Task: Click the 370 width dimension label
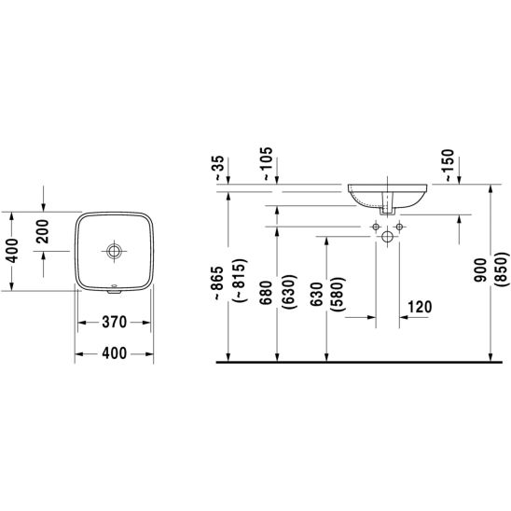pos(114,322)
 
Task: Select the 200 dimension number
pos(43,231)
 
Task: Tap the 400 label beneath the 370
pos(114,353)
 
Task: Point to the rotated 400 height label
pos(13,250)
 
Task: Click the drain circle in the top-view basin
pos(114,251)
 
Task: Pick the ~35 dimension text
pos(219,168)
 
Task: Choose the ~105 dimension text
pos(267,163)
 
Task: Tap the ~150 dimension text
pos(449,165)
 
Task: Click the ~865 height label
pos(217,283)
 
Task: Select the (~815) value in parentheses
pos(241,281)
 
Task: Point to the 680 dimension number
pos(266,293)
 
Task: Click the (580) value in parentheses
pos(338,295)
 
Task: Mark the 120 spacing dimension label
pos(420,307)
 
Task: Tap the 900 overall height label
pos(480,270)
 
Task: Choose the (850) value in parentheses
pos(502,269)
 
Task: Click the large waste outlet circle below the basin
pos(388,236)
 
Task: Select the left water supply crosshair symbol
pos(376,227)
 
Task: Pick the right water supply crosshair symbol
pos(399,227)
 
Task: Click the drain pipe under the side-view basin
pos(388,203)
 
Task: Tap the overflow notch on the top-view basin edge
pos(114,290)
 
